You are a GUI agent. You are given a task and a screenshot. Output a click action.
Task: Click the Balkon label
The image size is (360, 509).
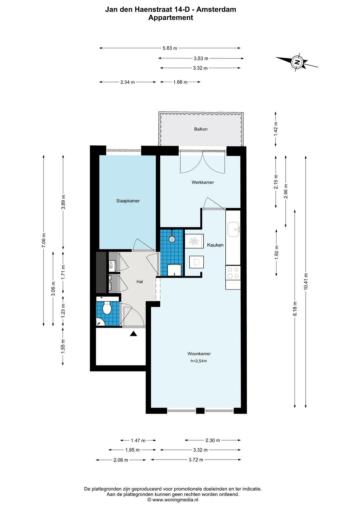pyautogui.click(x=201, y=129)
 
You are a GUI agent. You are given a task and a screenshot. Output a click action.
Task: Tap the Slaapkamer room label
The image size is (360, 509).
pyautogui.click(x=128, y=201)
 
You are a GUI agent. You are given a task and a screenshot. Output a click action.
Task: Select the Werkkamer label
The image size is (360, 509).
pyautogui.click(x=203, y=182)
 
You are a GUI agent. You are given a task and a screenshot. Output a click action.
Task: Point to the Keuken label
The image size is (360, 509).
pyautogui.click(x=215, y=245)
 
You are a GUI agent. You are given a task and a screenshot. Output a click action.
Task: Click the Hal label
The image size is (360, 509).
pyautogui.click(x=139, y=282)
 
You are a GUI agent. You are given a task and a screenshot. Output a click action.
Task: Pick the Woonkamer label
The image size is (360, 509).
pyautogui.click(x=199, y=354)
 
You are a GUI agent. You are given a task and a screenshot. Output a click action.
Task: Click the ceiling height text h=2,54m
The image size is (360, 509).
pyautogui.click(x=199, y=361)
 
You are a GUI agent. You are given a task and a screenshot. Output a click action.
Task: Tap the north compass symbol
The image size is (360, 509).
pyautogui.click(x=297, y=62)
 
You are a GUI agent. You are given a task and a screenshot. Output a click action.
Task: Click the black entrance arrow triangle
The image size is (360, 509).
pyautogui.click(x=134, y=334)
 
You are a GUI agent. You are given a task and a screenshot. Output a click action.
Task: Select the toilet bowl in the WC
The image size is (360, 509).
pyautogui.click(x=106, y=308)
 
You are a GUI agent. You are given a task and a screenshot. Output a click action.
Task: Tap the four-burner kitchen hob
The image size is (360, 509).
pyautogui.click(x=233, y=273)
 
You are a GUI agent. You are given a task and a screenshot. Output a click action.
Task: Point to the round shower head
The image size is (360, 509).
pyautogui.click(x=172, y=239)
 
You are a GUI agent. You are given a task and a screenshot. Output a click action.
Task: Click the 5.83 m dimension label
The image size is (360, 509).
pyautogui.click(x=170, y=48)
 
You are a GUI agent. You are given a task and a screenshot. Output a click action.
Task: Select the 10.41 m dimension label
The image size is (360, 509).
pyautogui.click(x=305, y=281)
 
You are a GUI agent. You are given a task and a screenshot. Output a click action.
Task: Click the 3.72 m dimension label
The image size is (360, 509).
pyautogui.click(x=196, y=460)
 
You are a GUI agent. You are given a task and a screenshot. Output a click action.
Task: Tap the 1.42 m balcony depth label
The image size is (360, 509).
pyautogui.click(x=276, y=129)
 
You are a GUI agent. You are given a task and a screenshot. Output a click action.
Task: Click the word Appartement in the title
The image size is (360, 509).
pyautogui.click(x=171, y=17)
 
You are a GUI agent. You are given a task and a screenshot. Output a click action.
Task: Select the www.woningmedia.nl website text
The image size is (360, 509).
pyautogui.click(x=175, y=500)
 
